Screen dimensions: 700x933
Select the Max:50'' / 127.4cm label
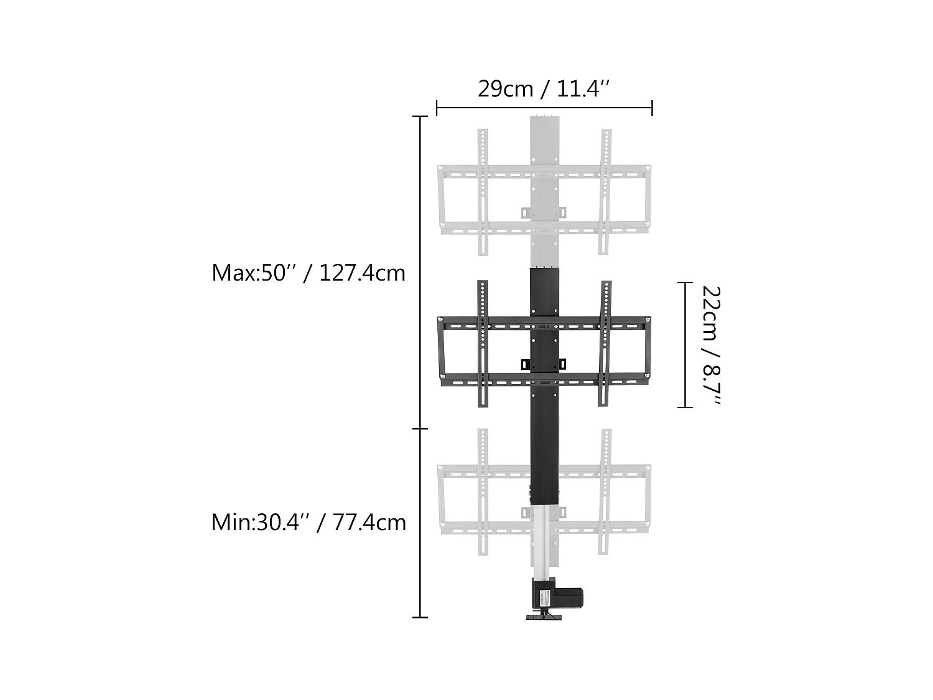(309, 273)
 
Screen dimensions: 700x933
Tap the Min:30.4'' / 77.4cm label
(309, 522)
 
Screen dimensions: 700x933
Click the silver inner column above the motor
(544, 541)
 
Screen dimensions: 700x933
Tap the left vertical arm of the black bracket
(483, 343)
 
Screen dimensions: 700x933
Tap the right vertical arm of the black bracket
(605, 343)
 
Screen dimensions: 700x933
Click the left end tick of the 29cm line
(437, 108)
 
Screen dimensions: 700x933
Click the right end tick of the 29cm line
(652, 108)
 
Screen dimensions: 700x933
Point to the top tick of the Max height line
(420, 116)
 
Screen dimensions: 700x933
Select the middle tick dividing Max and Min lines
(420, 429)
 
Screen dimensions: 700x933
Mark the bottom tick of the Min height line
(420, 617)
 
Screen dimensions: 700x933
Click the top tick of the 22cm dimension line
(685, 282)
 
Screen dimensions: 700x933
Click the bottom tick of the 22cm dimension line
(685, 408)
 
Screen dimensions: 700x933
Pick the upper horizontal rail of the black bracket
(544, 323)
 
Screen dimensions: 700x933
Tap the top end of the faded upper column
(545, 118)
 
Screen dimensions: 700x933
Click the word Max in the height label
(234, 273)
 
